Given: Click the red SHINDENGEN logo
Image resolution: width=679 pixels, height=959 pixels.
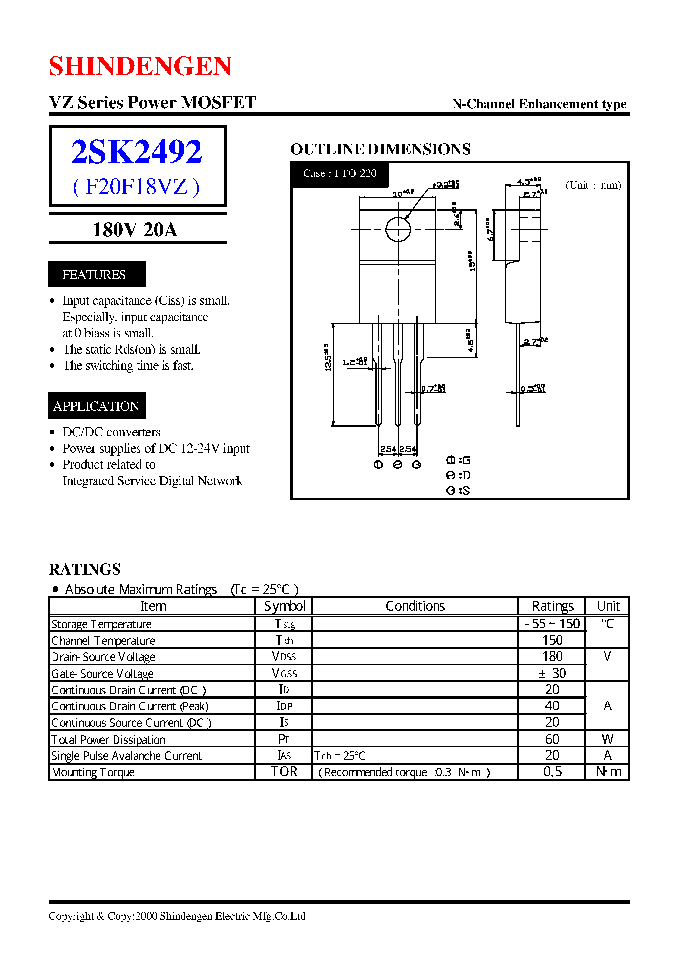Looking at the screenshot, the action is coord(140,66).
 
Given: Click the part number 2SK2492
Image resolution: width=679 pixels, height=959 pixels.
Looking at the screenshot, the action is coord(136,151).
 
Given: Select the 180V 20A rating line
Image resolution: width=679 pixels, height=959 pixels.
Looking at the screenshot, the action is coord(135,230).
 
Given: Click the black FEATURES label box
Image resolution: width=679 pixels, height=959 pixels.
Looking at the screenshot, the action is coord(96,274).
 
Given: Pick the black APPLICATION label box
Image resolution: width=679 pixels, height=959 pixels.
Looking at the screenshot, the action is coord(96,406).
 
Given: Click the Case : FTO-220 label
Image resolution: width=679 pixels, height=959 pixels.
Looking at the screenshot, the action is coord(339,173).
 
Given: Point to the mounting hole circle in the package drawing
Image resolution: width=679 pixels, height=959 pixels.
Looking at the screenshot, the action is coord(398,229).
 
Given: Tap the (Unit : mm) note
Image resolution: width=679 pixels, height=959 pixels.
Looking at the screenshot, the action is coord(593,185).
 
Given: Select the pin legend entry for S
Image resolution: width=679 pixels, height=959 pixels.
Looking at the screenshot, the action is coord(458,491).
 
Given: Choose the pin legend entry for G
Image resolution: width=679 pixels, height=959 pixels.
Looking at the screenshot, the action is coord(458,460).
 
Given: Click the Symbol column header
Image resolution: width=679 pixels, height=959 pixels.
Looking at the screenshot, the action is coord(284,606).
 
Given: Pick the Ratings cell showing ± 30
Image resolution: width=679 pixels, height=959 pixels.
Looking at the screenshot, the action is coord(552,673).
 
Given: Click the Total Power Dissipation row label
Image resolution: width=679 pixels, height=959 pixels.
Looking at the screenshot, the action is coord(108,740).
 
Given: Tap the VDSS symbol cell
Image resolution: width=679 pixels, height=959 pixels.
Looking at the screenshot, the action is coord(284,657).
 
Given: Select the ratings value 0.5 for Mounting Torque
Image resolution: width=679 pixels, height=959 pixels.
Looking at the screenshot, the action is coord(552,772).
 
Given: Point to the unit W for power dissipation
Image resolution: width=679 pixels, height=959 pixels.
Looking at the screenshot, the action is coord(607,739).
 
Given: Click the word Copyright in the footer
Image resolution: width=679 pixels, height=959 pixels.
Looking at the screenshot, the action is coord(71,916).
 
